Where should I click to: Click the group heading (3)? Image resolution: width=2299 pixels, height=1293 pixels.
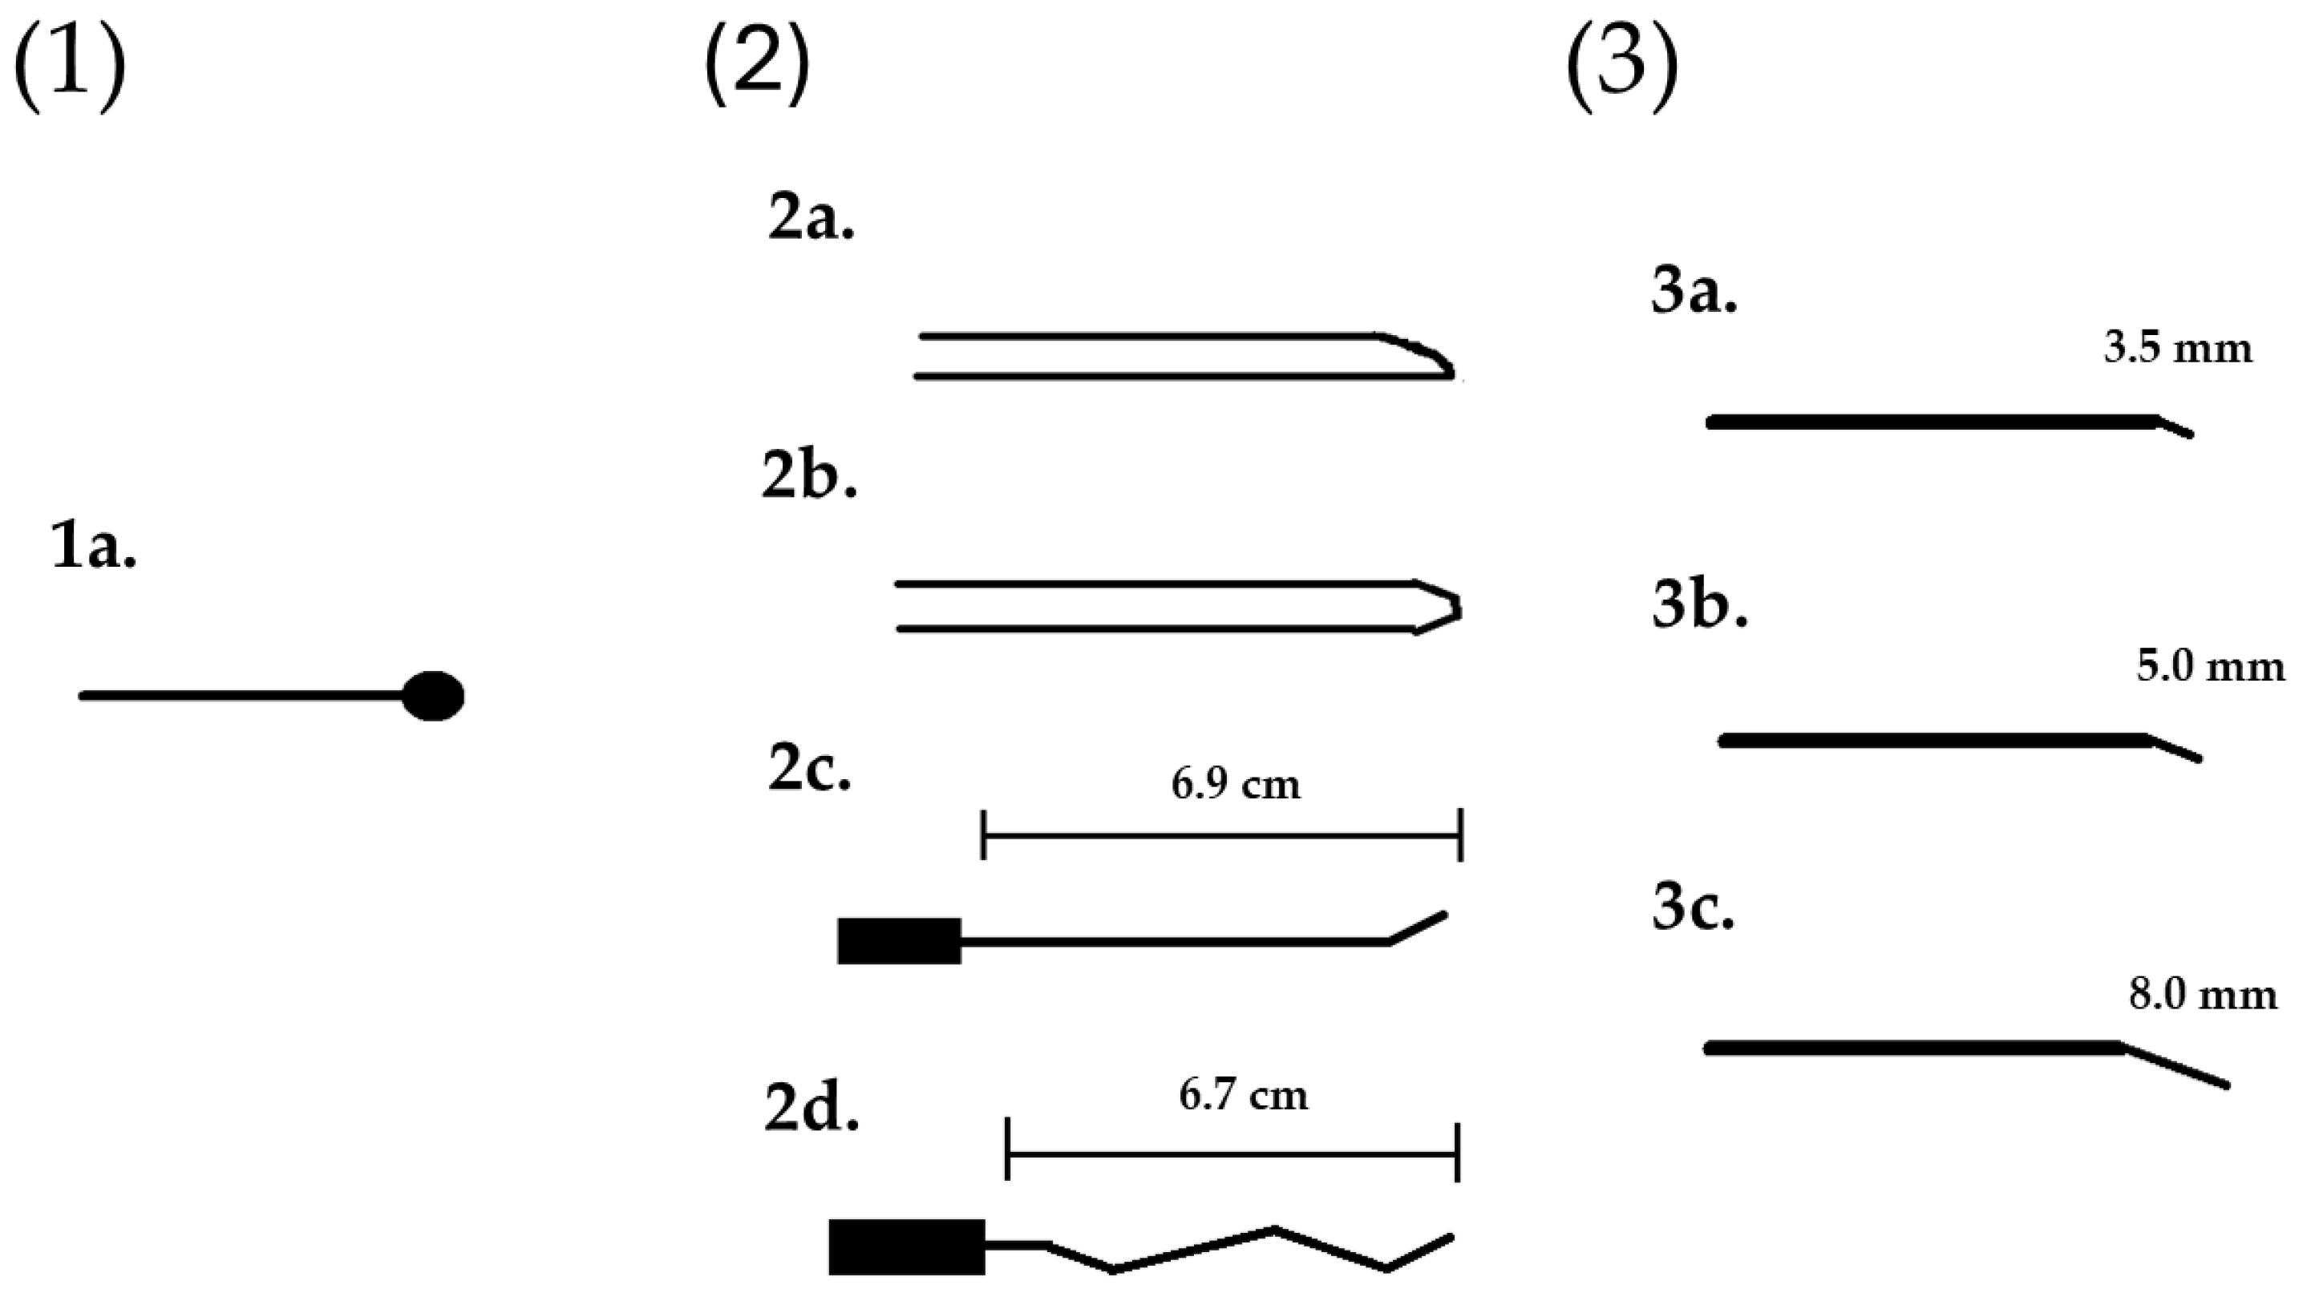[1621, 70]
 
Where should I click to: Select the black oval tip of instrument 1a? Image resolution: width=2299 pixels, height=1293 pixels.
[434, 695]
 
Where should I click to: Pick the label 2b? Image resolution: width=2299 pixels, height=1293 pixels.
[808, 478]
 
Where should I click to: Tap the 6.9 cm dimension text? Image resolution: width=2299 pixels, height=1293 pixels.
[1236, 784]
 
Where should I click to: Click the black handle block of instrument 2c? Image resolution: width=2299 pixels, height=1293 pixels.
[899, 941]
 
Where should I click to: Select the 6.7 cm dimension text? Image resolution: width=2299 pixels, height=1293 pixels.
[1243, 1095]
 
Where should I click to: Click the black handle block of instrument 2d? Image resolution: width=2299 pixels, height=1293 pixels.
[907, 1247]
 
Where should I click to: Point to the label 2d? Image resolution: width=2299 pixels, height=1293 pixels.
[812, 1109]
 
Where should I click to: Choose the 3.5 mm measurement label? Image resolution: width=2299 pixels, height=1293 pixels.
[2178, 347]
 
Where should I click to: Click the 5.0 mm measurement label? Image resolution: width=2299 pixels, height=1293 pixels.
[2211, 667]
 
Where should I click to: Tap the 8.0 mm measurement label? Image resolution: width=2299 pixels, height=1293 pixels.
[2203, 994]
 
